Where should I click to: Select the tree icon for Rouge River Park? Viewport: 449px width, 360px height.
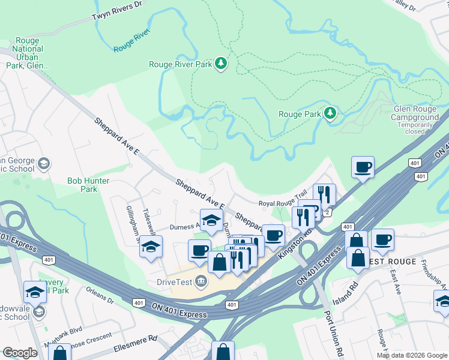click(x=221, y=63)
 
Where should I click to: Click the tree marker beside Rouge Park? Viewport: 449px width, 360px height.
click(x=330, y=113)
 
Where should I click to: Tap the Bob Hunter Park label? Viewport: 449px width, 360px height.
click(x=88, y=184)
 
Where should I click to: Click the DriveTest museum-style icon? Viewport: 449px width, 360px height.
click(x=200, y=280)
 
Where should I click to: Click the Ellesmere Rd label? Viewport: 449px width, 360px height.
click(x=135, y=346)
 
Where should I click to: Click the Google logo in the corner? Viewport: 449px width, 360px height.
click(x=20, y=353)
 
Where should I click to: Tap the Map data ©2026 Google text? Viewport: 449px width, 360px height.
click(x=411, y=355)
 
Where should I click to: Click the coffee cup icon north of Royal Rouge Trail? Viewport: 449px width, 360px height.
click(x=363, y=167)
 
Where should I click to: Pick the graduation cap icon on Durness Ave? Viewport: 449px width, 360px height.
click(x=211, y=220)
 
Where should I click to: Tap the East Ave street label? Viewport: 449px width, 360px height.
click(x=394, y=277)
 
